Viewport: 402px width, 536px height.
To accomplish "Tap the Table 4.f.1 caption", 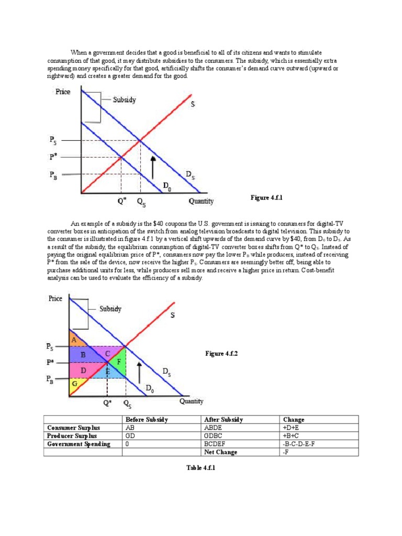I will coord(200,467).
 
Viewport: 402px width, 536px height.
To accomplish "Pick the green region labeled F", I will coord(118,362).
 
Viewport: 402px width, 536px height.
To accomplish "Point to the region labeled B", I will coord(84,354).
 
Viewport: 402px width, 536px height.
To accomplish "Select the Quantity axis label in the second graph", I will coord(191,401).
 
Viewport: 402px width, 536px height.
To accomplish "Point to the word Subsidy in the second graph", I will coord(110,309).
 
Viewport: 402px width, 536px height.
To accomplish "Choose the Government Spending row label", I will coord(79,444).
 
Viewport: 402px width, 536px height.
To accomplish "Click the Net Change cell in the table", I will coord(220,452).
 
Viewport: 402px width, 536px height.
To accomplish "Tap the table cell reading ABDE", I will coord(213,428).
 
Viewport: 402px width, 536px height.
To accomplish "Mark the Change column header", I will coord(293,420).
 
